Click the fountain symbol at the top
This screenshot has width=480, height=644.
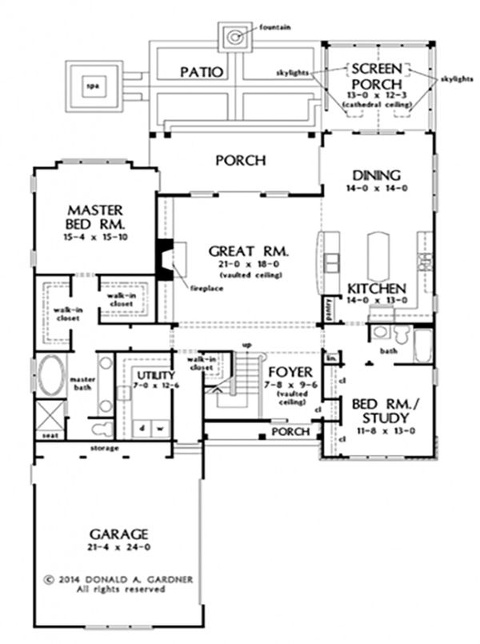pos(235,36)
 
